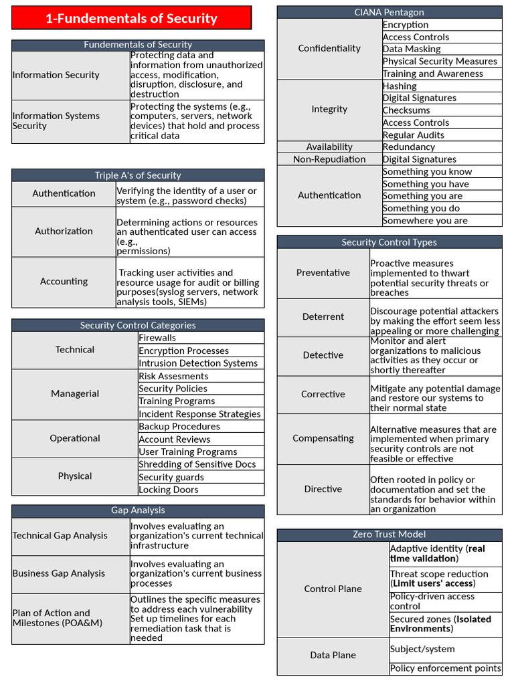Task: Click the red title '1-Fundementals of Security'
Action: tap(131, 18)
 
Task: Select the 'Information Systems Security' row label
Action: tap(56, 121)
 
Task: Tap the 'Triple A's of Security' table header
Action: tap(137, 175)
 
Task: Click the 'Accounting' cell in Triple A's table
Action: tap(64, 282)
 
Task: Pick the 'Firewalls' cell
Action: tap(157, 338)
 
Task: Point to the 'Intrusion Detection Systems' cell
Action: tap(198, 363)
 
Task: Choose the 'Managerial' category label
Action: tap(74, 394)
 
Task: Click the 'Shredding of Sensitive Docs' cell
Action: tap(197, 464)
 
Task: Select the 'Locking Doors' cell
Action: tap(168, 490)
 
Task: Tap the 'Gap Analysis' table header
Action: tap(137, 510)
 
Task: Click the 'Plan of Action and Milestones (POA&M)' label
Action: tap(51, 618)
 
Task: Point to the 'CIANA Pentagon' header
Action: tap(389, 12)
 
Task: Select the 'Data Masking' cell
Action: tap(412, 49)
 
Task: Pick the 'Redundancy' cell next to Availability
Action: tap(408, 147)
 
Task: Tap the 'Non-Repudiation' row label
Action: tap(329, 159)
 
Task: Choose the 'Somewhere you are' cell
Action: tap(425, 221)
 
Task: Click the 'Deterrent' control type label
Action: tap(323, 317)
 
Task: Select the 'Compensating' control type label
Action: tap(323, 439)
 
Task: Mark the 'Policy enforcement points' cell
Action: tap(445, 668)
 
